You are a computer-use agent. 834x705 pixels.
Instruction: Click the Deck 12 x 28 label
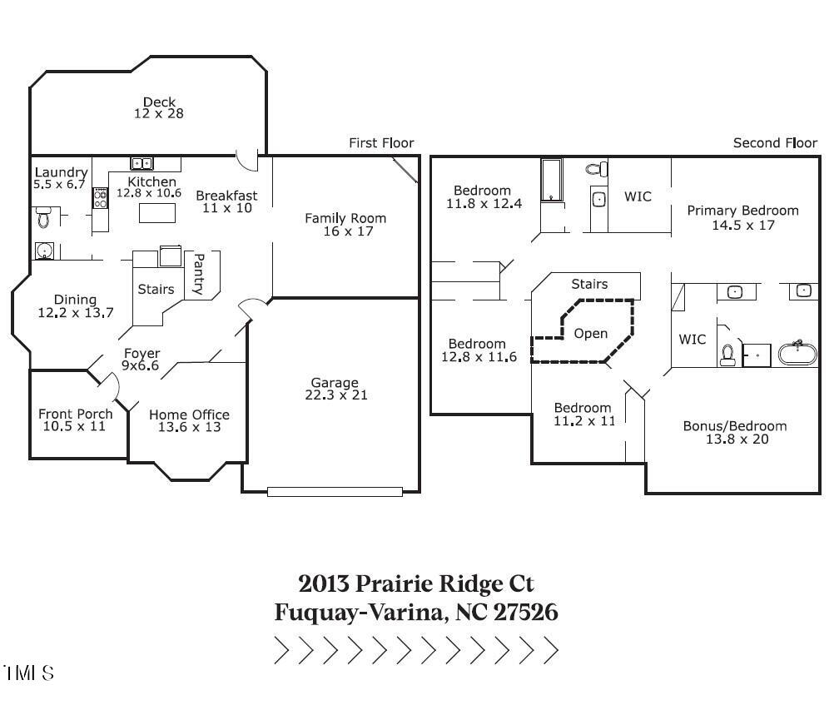(158, 107)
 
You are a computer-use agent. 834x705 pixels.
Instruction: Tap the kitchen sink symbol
(141, 163)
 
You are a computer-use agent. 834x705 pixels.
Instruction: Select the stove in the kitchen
(100, 198)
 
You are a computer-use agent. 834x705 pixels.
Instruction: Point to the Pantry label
(198, 275)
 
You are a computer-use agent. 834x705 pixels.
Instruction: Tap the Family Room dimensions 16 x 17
(345, 231)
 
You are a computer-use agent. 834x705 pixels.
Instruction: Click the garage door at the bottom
(334, 492)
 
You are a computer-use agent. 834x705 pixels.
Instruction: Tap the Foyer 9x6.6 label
(141, 359)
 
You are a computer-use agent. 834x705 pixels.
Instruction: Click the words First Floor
(380, 143)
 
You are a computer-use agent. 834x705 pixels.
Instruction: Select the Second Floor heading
(774, 143)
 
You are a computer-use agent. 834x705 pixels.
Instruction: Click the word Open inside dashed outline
(591, 334)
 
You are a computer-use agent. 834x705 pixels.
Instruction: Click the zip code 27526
(525, 613)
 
